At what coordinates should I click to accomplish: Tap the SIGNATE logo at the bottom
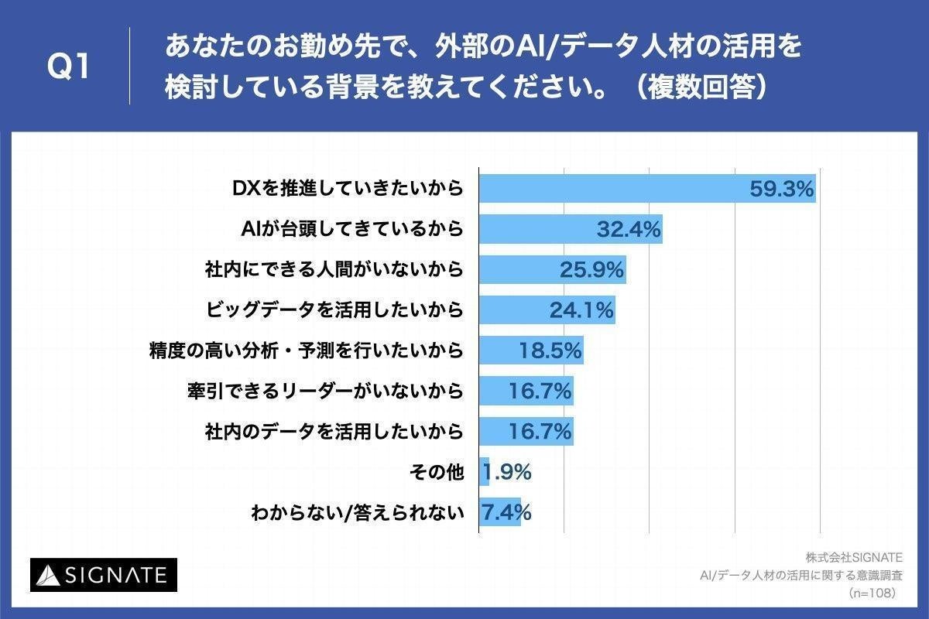tap(104, 575)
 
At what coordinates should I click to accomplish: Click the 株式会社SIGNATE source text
tap(853, 557)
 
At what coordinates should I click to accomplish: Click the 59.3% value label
tap(781, 188)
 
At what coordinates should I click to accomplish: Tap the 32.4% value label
tap(628, 229)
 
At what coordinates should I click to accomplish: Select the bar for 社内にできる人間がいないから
tap(551, 269)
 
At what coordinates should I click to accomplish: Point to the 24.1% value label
tap(581, 310)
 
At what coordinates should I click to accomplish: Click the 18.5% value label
tap(550, 351)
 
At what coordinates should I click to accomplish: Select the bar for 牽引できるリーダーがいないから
tap(526, 392)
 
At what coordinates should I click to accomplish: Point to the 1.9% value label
tap(507, 472)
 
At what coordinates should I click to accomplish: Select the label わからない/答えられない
tap(357, 512)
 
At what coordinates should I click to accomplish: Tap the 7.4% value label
tap(507, 512)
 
